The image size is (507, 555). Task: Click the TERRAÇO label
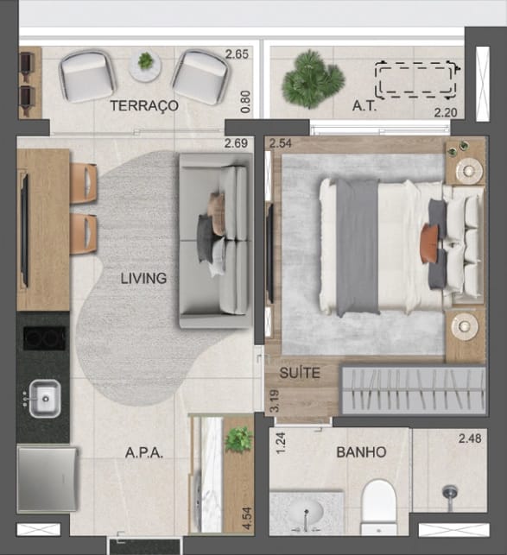[x=144, y=106]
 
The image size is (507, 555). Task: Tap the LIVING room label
[x=143, y=278]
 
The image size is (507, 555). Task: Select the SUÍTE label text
[x=300, y=373]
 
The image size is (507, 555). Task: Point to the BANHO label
[x=361, y=452]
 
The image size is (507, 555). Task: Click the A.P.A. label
[x=144, y=452]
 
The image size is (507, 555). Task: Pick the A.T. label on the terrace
[x=364, y=106]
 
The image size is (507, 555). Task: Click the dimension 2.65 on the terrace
[x=237, y=54]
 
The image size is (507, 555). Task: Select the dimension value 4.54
[x=247, y=519]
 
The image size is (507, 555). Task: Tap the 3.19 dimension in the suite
[x=275, y=401]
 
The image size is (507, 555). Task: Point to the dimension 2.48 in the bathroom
[x=470, y=438]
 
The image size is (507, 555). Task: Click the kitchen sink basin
[x=45, y=399]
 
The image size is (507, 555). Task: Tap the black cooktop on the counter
[x=44, y=338]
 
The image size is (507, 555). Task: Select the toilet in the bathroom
[x=378, y=507]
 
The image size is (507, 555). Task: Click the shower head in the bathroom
[x=450, y=493]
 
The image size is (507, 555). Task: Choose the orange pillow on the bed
[x=428, y=243]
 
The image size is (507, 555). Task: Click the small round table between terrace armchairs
[x=145, y=65]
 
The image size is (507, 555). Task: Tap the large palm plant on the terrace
[x=313, y=79]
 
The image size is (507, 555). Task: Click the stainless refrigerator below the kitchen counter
[x=48, y=479]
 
